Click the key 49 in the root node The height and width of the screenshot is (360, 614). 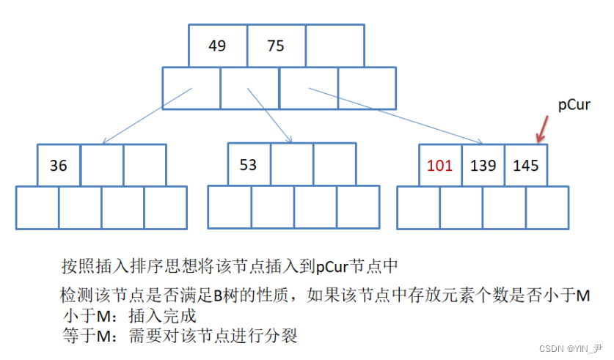[x=217, y=45]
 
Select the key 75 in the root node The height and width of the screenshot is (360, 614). [x=276, y=45]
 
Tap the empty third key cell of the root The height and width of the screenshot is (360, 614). [x=335, y=45]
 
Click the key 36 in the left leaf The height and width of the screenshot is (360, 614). [x=59, y=165]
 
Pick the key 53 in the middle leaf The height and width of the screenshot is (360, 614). [x=249, y=164]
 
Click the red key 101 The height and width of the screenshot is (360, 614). [x=440, y=165]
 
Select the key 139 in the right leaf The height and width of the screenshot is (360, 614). [x=483, y=165]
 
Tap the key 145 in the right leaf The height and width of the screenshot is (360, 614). [x=526, y=165]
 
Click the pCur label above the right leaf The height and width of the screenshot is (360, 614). [x=574, y=105]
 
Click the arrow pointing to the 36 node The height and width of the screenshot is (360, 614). [x=147, y=116]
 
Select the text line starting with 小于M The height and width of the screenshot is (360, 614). [x=131, y=317]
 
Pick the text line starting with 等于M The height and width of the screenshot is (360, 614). [x=180, y=336]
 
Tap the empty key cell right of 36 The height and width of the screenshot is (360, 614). [x=102, y=165]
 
